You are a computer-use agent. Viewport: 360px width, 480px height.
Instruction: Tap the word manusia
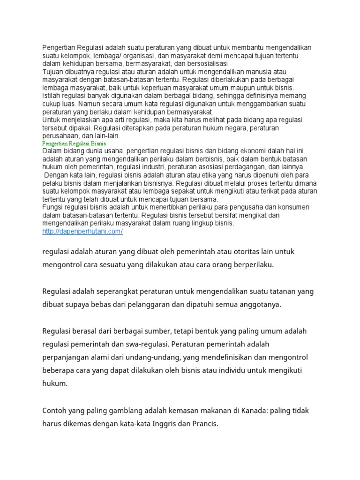(x=273, y=71)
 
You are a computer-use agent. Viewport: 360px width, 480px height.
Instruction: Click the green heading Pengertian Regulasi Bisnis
(x=74, y=143)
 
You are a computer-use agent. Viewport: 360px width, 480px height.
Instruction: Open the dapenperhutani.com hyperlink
(x=82, y=232)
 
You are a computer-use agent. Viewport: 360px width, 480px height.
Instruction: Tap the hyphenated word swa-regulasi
(x=147, y=344)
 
